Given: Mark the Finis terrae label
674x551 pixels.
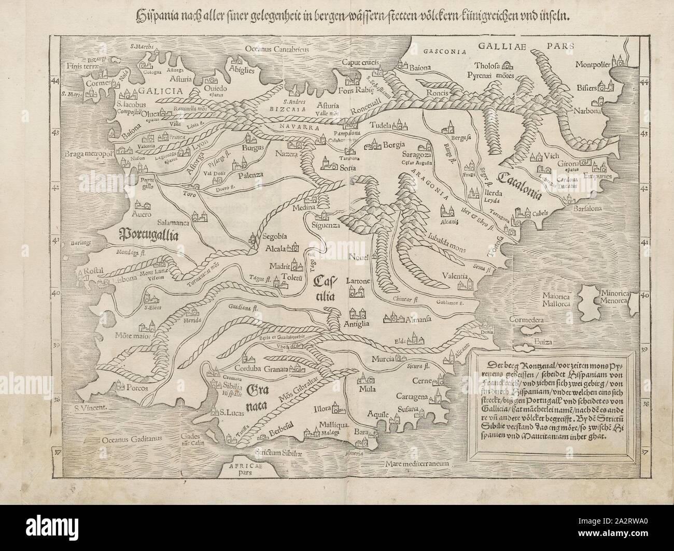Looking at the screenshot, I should coord(83,66).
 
